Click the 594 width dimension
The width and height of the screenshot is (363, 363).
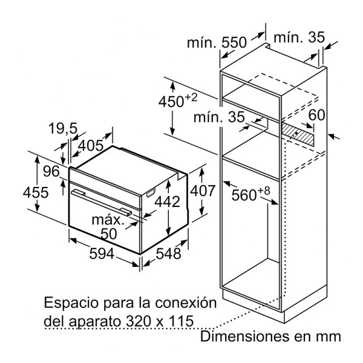(x=102, y=253)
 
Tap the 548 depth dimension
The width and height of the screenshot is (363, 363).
(x=168, y=253)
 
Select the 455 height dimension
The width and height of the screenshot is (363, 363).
(x=36, y=192)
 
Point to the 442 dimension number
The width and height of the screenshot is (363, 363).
(x=167, y=201)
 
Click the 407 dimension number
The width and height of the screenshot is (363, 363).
(x=203, y=191)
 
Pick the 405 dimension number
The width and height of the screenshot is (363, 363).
(x=91, y=145)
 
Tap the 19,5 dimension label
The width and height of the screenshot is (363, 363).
(x=63, y=128)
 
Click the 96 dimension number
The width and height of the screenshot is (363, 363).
(x=51, y=171)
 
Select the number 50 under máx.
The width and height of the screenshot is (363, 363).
(x=108, y=234)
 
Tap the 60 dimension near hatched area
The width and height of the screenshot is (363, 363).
(x=316, y=114)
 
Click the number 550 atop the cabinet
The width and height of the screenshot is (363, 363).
(x=234, y=42)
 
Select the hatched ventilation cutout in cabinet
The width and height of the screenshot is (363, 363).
(x=298, y=134)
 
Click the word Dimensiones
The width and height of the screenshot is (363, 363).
(x=244, y=336)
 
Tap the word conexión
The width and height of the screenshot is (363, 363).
(x=186, y=302)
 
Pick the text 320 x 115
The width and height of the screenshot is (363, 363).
(x=159, y=321)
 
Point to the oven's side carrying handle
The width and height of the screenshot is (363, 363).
(x=151, y=193)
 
